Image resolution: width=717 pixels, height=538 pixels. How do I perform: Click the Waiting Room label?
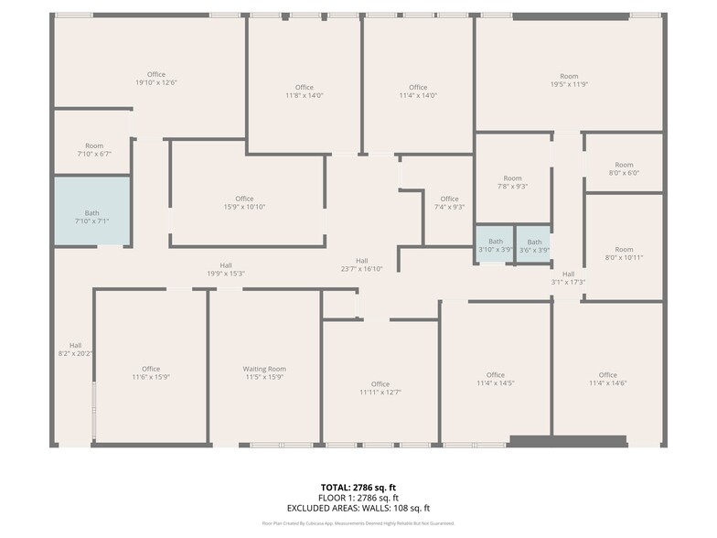pyautogui.click(x=264, y=373)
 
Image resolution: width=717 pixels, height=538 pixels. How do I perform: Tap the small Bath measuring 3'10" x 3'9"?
pyautogui.click(x=495, y=245)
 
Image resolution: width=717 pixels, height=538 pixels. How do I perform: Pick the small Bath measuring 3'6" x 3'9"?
pyautogui.click(x=534, y=245)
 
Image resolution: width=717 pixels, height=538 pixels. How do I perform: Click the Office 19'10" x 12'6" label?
pyautogui.click(x=155, y=79)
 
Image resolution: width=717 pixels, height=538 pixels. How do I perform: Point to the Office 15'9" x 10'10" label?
pyautogui.click(x=244, y=203)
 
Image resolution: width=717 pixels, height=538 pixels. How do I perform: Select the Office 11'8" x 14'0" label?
pyautogui.click(x=304, y=91)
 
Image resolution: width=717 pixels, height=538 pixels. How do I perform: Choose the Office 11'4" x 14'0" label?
pyautogui.click(x=418, y=91)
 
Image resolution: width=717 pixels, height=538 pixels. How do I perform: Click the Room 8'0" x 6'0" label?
pyautogui.click(x=624, y=168)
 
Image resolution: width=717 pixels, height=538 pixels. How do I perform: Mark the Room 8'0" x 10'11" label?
pyautogui.click(x=624, y=253)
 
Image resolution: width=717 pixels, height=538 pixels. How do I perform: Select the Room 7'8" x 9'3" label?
pyautogui.click(x=512, y=182)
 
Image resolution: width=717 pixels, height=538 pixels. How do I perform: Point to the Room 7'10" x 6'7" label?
pyautogui.click(x=94, y=150)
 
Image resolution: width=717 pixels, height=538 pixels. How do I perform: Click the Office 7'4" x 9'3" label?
pyautogui.click(x=449, y=203)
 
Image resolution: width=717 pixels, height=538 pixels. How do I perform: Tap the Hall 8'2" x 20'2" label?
pyautogui.click(x=75, y=349)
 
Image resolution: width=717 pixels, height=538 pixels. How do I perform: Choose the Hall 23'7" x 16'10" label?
pyautogui.click(x=362, y=264)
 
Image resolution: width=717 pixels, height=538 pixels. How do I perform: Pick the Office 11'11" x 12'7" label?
pyautogui.click(x=380, y=388)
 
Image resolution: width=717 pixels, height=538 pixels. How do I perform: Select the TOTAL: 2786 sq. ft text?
pyautogui.click(x=358, y=487)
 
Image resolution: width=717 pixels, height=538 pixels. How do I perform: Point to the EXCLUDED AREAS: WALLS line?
pyautogui.click(x=358, y=508)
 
